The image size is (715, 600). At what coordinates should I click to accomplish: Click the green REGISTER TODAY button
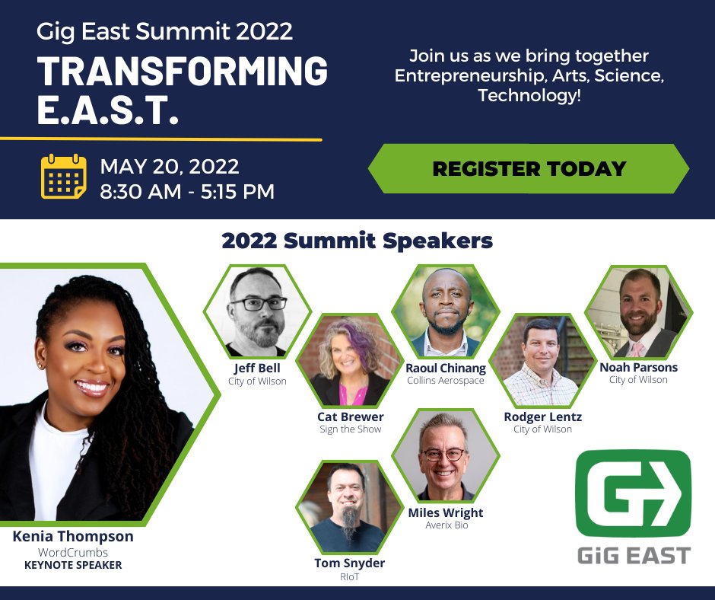(x=529, y=168)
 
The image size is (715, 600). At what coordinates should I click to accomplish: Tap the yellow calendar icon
(x=64, y=177)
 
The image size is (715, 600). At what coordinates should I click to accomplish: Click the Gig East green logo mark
(x=633, y=493)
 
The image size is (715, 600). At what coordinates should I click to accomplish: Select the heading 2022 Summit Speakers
(x=357, y=241)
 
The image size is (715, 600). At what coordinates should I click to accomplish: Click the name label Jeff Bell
(x=257, y=368)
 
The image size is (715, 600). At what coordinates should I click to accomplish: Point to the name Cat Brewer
(x=350, y=416)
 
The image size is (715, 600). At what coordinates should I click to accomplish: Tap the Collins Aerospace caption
(x=445, y=381)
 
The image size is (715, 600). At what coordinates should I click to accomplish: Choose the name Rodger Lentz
(x=542, y=416)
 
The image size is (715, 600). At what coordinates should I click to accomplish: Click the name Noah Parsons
(x=637, y=367)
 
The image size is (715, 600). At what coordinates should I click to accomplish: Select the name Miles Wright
(x=445, y=512)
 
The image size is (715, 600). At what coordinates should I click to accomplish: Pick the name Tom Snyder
(x=349, y=563)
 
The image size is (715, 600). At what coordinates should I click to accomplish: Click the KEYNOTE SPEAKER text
(x=73, y=565)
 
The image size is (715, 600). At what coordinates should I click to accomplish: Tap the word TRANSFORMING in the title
(x=183, y=72)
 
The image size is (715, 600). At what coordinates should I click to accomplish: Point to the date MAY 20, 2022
(x=170, y=166)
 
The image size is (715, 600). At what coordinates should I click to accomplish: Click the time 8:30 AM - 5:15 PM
(x=187, y=191)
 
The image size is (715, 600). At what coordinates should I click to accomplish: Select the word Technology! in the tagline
(x=529, y=97)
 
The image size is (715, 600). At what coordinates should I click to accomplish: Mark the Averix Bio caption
(x=445, y=525)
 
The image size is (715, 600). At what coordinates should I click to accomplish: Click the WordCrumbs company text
(x=73, y=552)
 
